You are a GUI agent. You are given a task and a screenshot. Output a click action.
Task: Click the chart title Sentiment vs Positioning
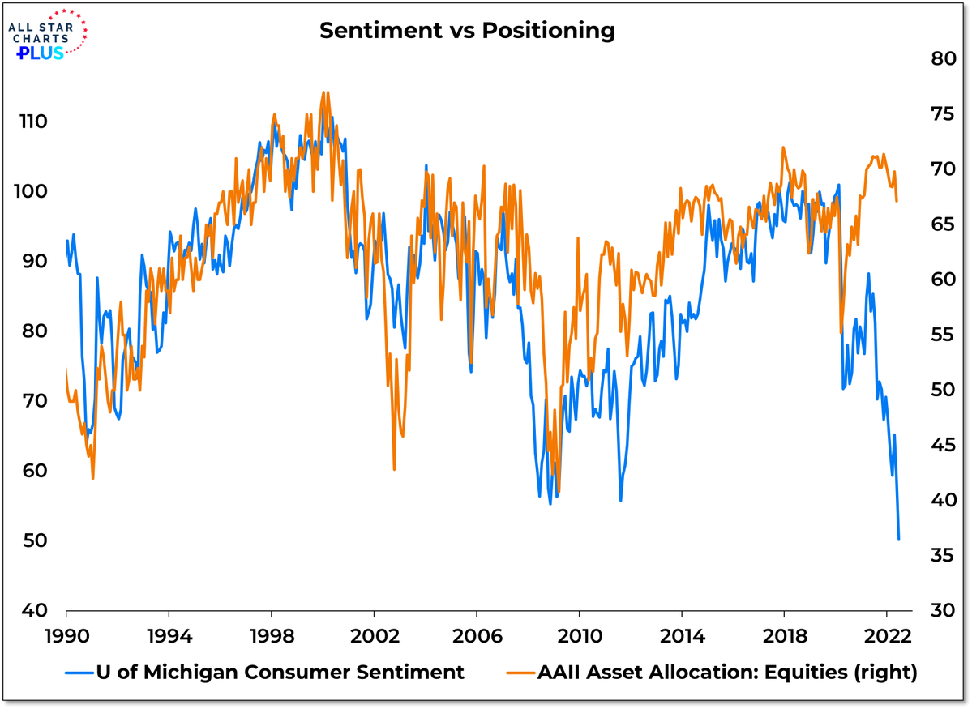(466, 32)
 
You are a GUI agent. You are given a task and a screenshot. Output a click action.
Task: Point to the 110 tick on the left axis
(34, 122)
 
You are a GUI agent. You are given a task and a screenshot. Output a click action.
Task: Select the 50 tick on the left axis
(34, 540)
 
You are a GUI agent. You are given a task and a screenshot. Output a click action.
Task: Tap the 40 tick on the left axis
(34, 610)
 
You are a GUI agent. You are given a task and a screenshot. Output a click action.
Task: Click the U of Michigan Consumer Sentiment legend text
(280, 672)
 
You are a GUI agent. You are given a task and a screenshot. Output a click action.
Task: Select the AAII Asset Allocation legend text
(726, 672)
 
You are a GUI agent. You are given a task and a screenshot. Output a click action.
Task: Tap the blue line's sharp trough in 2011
(621, 501)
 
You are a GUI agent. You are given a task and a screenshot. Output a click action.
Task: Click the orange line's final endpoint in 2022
(897, 201)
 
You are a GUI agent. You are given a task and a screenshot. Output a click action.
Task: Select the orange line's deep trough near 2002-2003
(394, 469)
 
